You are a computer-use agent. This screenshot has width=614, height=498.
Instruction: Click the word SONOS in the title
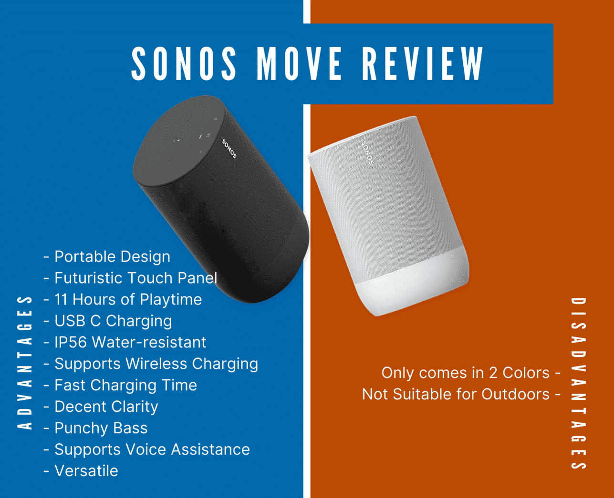(x=184, y=63)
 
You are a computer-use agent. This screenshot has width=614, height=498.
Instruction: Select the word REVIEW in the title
(x=423, y=63)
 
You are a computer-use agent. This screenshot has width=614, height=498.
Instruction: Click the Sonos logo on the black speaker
(x=229, y=149)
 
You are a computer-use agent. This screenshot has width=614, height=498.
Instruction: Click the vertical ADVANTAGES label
(x=24, y=363)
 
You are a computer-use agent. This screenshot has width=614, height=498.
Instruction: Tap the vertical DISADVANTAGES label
(x=578, y=384)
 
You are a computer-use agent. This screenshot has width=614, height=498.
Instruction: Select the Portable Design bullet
(x=107, y=256)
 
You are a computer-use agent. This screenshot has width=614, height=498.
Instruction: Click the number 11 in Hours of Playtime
(x=61, y=299)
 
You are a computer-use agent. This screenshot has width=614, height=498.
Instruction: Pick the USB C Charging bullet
(x=108, y=321)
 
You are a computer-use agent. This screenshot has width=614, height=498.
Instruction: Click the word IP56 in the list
(x=71, y=342)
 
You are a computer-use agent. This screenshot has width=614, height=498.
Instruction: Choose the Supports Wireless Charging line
(x=151, y=364)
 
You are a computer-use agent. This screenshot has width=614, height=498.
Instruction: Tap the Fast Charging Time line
(x=120, y=385)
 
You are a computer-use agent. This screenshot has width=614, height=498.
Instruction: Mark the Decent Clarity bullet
(x=101, y=407)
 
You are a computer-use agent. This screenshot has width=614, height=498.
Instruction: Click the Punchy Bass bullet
(x=95, y=428)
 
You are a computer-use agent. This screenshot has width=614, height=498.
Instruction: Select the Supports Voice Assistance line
(x=147, y=450)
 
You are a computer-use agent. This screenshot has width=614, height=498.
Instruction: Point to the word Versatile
(x=86, y=471)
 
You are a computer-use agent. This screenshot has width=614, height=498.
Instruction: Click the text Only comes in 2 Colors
(x=466, y=373)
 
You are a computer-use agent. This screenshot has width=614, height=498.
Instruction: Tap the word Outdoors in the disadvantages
(x=515, y=395)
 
